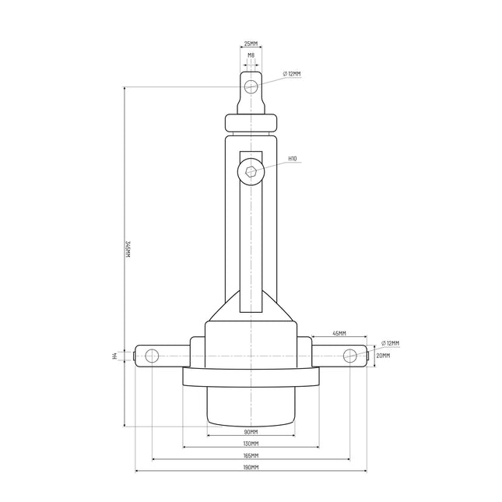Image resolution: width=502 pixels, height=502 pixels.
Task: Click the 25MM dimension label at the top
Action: tap(251, 44)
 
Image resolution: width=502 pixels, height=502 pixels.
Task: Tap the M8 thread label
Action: tap(251, 55)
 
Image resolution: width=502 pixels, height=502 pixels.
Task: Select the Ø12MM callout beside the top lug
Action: tap(293, 74)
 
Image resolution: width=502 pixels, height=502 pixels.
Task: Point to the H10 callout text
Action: tap(293, 159)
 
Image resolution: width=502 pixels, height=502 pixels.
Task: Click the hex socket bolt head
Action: tap(251, 171)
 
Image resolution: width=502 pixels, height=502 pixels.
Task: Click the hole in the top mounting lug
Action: tap(251, 86)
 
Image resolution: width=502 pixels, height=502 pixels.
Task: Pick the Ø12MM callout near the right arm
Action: tap(391, 343)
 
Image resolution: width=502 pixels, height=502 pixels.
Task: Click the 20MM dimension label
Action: tap(383, 356)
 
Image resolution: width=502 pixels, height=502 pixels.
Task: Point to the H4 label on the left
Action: tap(115, 356)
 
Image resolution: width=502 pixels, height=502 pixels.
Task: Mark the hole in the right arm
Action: tap(350, 356)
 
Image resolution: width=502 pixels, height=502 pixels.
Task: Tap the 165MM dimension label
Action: tap(251, 455)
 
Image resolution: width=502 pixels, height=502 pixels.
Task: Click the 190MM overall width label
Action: tap(251, 468)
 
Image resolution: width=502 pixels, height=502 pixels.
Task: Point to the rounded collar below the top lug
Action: tap(251, 124)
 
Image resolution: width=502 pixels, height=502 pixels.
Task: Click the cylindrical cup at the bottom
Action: tap(251, 405)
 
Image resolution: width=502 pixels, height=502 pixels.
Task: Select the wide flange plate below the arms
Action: tap(251, 377)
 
